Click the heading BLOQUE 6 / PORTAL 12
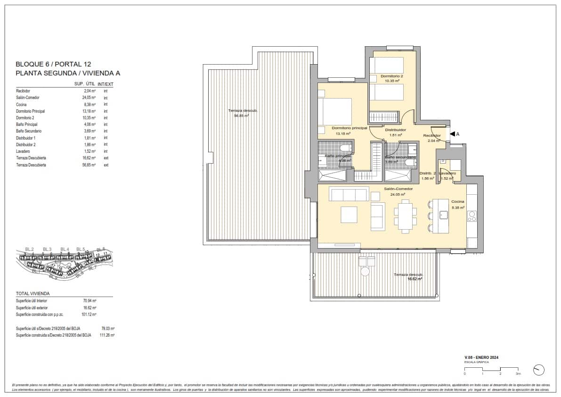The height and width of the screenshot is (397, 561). click(x=53, y=64)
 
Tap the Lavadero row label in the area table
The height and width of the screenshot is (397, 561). click(x=23, y=151)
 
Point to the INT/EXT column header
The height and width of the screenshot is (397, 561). click(x=106, y=84)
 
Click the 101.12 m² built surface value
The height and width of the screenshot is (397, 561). click(x=89, y=314)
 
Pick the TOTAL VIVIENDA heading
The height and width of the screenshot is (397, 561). click(x=33, y=293)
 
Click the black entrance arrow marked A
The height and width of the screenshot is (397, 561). click(x=452, y=134)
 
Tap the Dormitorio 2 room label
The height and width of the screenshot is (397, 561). click(x=391, y=76)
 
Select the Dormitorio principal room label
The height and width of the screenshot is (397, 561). click(x=349, y=128)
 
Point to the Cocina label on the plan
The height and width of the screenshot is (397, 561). click(x=457, y=201)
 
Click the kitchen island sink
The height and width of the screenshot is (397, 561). click(x=443, y=215)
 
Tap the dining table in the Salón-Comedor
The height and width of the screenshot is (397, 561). click(x=405, y=215)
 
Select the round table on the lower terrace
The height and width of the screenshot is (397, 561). click(x=365, y=272)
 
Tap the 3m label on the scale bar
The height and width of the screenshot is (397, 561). click(x=518, y=373)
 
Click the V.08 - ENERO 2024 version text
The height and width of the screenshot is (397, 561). click(x=481, y=358)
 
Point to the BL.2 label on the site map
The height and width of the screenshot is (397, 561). click(x=29, y=249)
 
